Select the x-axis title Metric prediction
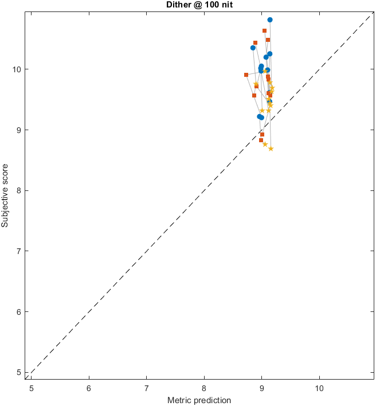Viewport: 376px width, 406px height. coord(199,400)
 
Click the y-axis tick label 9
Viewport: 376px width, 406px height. coord(20,130)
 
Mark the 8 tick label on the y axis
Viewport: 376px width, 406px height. coord(20,190)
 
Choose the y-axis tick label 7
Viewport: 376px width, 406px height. coord(20,251)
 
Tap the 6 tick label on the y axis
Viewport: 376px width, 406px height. coord(20,312)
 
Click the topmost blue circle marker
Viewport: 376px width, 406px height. coord(270,19)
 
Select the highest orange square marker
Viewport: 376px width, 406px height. coord(264,30)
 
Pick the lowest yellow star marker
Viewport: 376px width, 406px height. coord(271,149)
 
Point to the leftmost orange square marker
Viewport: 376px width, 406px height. coord(246,75)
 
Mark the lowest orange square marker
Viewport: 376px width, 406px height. coord(261,140)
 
